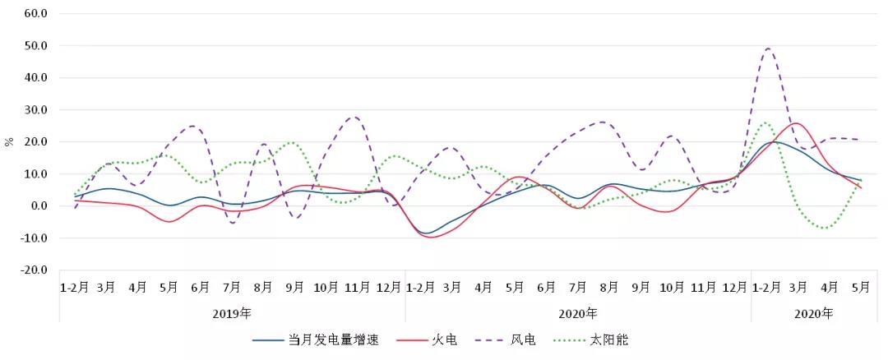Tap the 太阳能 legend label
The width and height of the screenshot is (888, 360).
[609, 339]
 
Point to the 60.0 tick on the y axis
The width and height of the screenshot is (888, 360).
[37, 14]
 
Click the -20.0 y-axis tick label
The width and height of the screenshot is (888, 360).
[35, 270]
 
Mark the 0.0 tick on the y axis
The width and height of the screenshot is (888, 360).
[40, 206]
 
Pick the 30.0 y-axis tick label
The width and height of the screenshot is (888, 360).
[37, 110]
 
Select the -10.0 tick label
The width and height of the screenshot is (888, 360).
[35, 238]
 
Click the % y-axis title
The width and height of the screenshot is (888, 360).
[9, 141]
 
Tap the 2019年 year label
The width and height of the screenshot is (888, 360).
[232, 313]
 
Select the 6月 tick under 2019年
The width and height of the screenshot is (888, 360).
[200, 287]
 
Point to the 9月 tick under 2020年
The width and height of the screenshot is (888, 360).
[641, 287]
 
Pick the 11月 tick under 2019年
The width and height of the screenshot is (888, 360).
[357, 287]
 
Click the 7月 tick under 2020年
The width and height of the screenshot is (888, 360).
[578, 287]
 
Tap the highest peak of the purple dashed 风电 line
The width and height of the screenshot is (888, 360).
[769, 48]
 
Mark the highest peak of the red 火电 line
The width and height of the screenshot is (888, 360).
[796, 123]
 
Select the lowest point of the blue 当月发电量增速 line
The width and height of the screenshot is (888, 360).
[427, 233]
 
